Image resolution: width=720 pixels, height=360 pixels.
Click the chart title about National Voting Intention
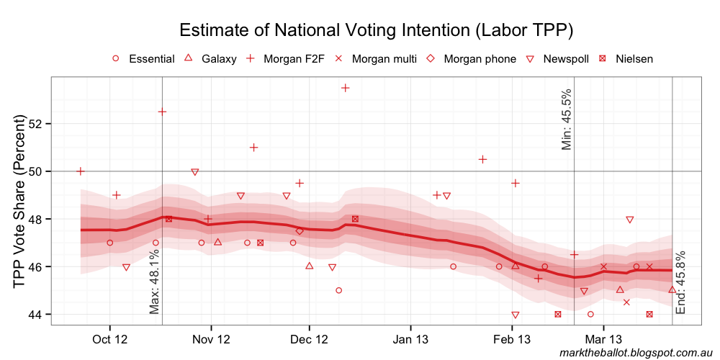tap(375, 31)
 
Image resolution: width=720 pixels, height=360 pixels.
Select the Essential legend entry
tap(144, 59)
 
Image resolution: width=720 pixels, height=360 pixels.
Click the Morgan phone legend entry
tap(472, 59)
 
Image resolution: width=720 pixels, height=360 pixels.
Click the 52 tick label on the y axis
tap(41, 124)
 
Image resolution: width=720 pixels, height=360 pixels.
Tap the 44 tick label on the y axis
tap(41, 314)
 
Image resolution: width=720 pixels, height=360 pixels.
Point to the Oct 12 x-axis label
tap(110, 338)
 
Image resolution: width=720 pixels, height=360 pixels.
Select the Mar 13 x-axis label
tap(603, 338)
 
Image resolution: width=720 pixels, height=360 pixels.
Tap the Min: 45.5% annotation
tap(566, 120)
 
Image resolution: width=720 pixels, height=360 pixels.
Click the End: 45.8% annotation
tap(681, 282)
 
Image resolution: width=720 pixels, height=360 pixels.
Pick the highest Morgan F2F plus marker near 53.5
tap(345, 88)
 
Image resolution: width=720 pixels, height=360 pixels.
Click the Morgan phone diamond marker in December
tap(300, 231)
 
